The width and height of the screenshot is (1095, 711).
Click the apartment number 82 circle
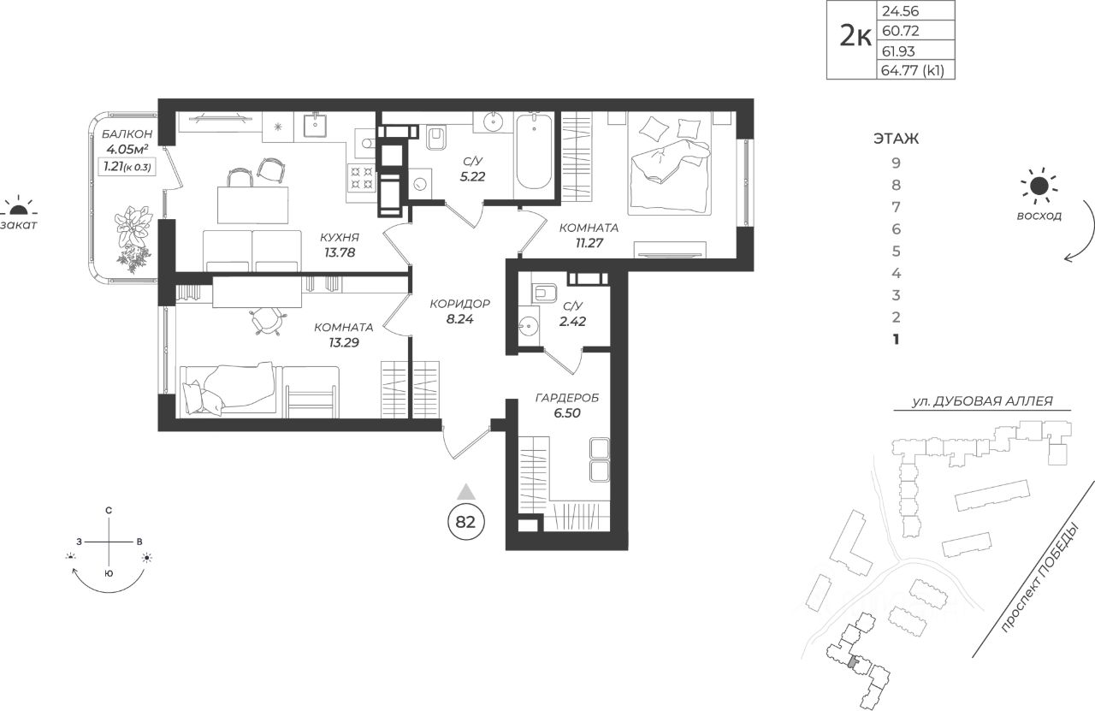(465, 522)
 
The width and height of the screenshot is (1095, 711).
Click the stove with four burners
(361, 178)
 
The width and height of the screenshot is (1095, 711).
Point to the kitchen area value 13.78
(340, 252)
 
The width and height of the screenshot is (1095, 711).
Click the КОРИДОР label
(460, 304)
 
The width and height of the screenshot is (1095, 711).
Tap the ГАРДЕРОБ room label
(567, 398)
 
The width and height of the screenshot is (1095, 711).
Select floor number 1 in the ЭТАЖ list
(896, 340)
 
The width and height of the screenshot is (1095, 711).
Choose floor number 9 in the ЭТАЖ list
(896, 163)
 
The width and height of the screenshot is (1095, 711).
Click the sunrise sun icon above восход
(1039, 186)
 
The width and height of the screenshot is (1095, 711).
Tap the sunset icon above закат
(19, 207)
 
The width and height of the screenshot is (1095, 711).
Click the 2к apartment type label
(855, 36)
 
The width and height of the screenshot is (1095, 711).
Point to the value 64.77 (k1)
(912, 70)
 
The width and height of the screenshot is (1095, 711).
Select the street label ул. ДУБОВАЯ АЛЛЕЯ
(983, 401)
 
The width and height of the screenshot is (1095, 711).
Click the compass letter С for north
(109, 511)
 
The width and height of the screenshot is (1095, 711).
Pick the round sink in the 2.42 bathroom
(529, 324)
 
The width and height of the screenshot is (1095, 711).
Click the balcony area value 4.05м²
(127, 150)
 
